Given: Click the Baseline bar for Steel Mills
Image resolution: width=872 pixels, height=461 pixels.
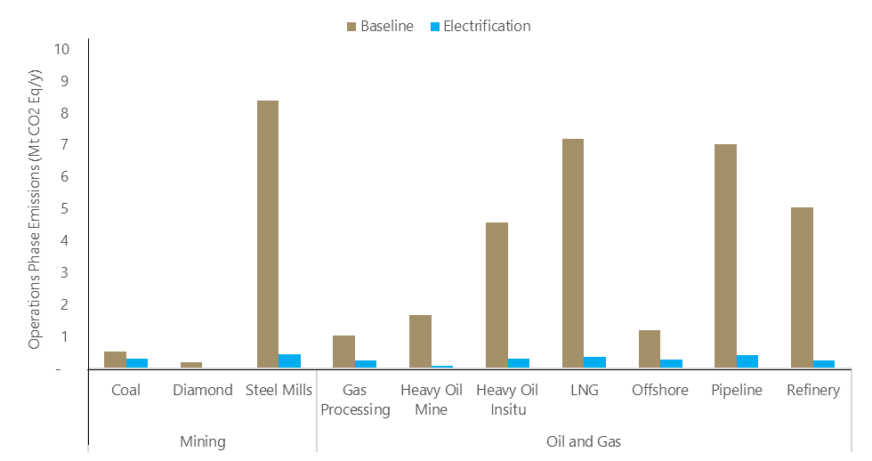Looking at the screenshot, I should click(x=267, y=234).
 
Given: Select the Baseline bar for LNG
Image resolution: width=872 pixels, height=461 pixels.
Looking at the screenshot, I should click(x=572, y=254).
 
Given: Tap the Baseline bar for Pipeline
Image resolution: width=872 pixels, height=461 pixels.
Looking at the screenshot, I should click(x=725, y=256).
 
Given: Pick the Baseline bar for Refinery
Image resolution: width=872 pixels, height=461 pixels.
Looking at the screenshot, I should click(x=802, y=287).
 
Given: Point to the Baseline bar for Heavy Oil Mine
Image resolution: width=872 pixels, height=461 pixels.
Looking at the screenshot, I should click(x=420, y=342).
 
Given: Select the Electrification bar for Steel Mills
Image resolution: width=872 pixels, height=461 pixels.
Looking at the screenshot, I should click(x=289, y=361).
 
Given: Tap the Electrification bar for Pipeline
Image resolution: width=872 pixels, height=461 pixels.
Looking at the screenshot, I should click(x=747, y=361).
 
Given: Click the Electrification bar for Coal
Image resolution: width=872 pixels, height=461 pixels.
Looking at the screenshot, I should click(x=136, y=363).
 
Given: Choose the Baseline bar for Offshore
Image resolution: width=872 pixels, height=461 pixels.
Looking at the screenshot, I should click(x=649, y=349).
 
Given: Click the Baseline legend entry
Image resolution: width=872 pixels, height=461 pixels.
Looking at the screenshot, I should click(x=378, y=27).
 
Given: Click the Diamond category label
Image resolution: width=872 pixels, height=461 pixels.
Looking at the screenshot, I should click(x=202, y=390).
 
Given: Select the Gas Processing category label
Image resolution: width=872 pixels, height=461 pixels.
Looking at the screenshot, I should click(x=355, y=400).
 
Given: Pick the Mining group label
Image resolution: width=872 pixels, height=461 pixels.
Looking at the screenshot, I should click(x=202, y=441).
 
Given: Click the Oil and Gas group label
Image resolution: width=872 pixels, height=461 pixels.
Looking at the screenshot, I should click(x=583, y=441).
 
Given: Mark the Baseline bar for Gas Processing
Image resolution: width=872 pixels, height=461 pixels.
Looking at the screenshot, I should click(x=343, y=352).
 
